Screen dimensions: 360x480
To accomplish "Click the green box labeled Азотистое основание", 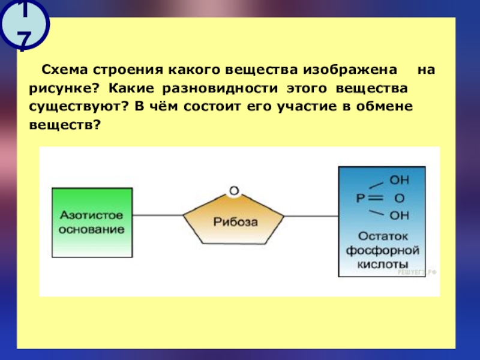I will click(91, 221).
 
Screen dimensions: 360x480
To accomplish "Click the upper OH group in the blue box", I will click(400, 179).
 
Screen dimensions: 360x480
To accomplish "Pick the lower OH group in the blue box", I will click(400, 214).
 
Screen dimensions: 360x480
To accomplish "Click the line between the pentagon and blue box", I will click(312, 214).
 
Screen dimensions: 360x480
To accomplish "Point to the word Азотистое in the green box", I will click(91, 215).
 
